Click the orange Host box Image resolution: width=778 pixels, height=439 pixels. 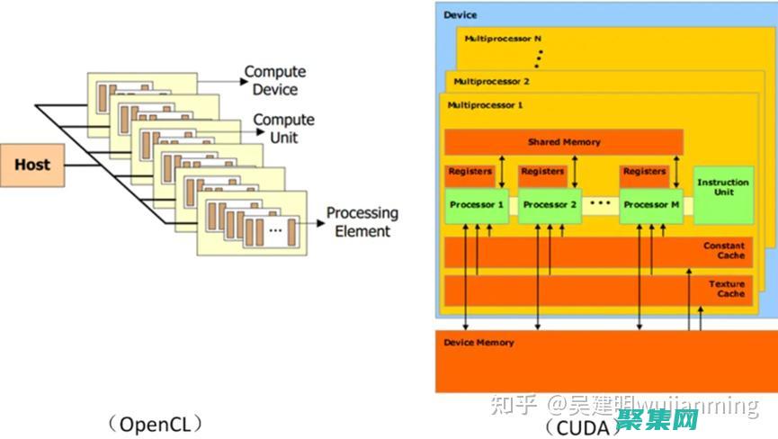pos(32,165)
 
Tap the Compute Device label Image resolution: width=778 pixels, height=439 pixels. pos(275,80)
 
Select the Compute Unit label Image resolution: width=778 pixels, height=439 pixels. pos(283,129)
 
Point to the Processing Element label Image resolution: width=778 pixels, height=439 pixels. pos(362,222)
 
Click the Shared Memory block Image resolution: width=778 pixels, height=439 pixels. pos(563,142)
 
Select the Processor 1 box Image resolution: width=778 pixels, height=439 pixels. pos(477,205)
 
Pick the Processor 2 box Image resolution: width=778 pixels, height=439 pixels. pos(550,205)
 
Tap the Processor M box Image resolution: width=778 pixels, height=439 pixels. pos(646,205)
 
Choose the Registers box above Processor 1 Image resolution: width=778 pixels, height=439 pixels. pos(469,171)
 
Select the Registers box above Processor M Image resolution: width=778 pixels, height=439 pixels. pos(644,171)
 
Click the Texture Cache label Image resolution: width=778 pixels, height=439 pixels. pos(726,289)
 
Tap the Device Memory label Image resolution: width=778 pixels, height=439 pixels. pos(479,343)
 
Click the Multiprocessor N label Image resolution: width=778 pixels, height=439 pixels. pos(503,39)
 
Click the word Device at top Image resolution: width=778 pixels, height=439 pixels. pos(461,15)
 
